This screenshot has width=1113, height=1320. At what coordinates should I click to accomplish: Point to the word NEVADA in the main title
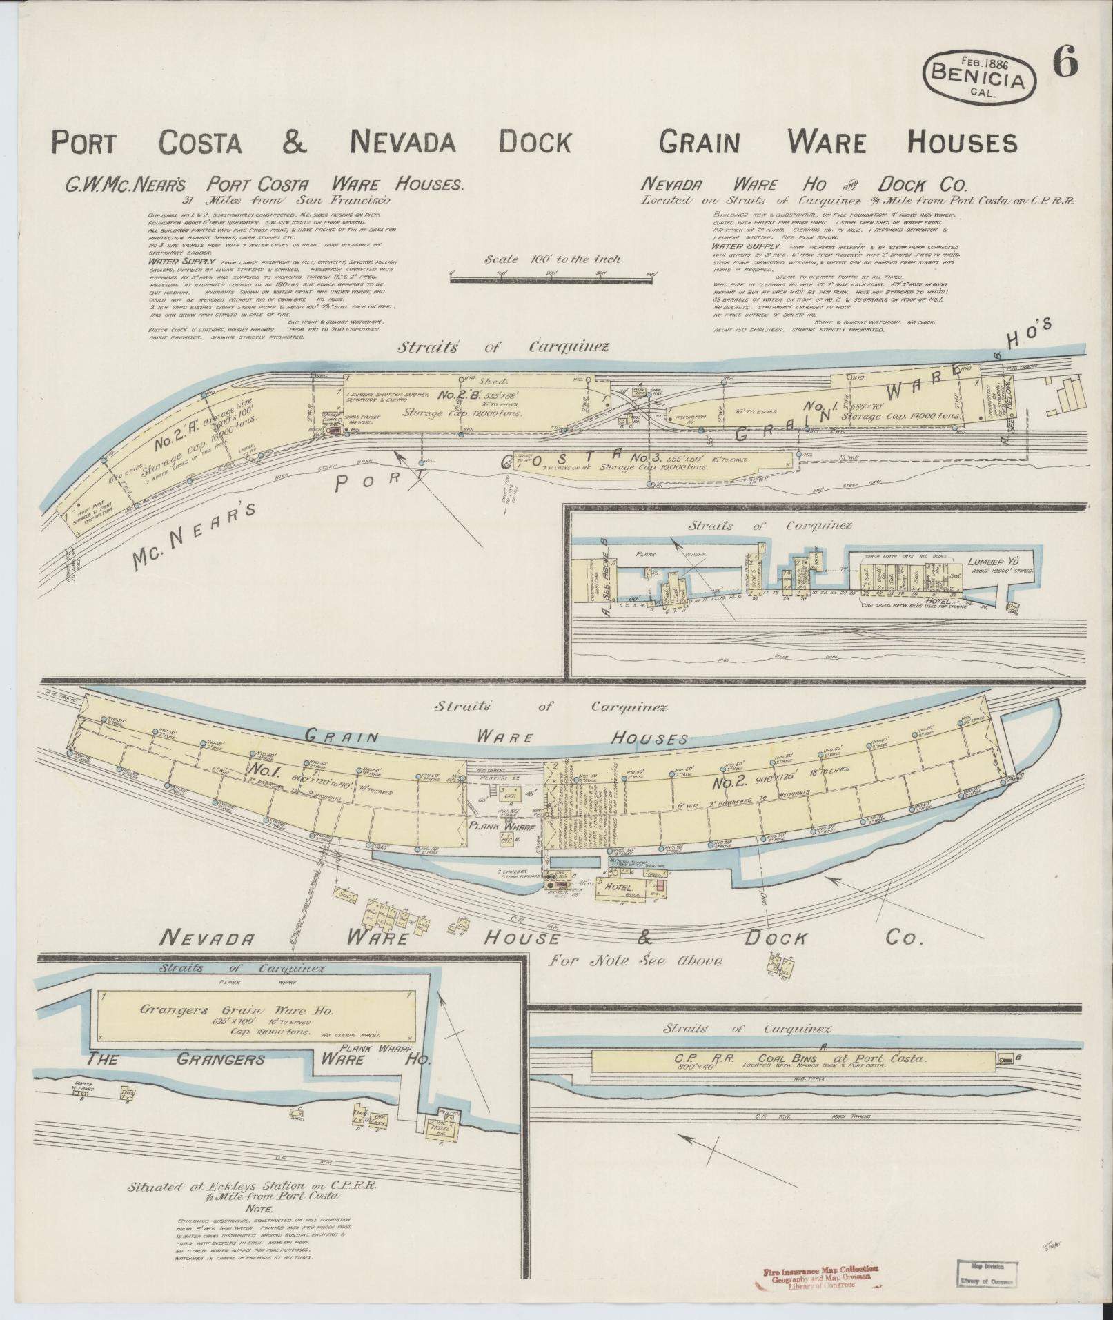[403, 142]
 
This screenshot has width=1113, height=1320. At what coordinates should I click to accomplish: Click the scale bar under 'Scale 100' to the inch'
[552, 278]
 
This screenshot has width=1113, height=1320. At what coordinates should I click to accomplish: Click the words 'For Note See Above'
[636, 960]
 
